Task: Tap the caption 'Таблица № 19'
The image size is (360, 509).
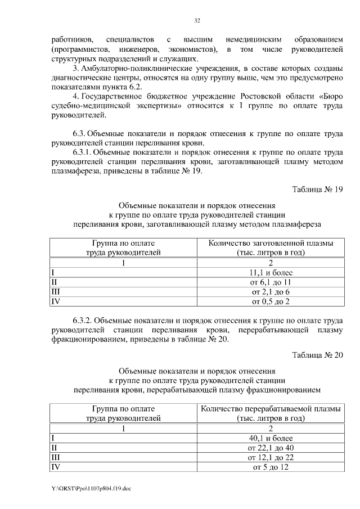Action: coord(317,189)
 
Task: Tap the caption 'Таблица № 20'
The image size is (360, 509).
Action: coord(317,354)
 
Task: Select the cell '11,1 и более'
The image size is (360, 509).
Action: coord(271,273)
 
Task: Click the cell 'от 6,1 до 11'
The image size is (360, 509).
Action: coord(271,282)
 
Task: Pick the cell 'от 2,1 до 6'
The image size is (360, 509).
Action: coord(271,292)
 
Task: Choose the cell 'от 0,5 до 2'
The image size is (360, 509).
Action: coord(271,302)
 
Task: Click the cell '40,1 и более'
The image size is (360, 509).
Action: coord(271,438)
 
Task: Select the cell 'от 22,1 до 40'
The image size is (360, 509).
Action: coord(271,448)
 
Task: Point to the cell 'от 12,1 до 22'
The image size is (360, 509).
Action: coord(271,457)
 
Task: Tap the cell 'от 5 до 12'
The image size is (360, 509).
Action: coord(271,467)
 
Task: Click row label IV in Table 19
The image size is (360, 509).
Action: coord(55,302)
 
